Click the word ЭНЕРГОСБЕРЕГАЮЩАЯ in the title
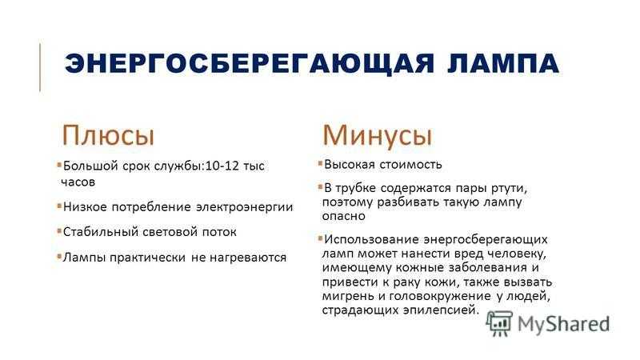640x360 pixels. [250, 64]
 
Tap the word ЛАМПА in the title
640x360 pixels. [503, 64]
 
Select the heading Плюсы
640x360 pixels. [108, 135]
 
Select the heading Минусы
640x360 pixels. [377, 135]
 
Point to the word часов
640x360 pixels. [78, 182]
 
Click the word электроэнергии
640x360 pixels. [245, 207]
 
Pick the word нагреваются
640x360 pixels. [248, 258]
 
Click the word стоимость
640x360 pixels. [411, 165]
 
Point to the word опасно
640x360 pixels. [344, 216]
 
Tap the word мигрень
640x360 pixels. [348, 295]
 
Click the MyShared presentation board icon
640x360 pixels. [499, 323]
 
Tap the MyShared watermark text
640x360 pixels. [563, 325]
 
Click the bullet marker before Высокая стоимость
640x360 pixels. [320, 164]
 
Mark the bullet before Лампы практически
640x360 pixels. [59, 257]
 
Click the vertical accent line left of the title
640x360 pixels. [40, 67]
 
